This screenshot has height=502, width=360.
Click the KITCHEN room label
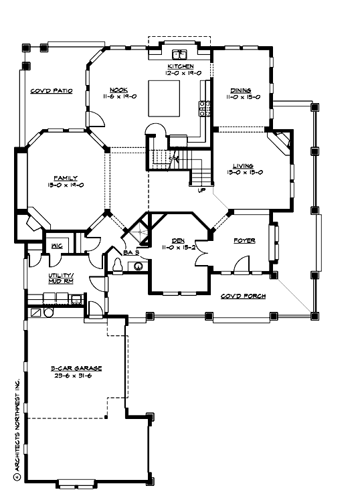[x=180, y=67]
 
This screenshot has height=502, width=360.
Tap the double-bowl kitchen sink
[x=179, y=55]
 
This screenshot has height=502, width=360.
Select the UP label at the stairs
[x=201, y=189]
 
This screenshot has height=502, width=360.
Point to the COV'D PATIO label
[x=51, y=90]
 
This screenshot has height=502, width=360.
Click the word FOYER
[x=244, y=240]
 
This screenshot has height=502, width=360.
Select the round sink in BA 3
[x=139, y=266]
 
